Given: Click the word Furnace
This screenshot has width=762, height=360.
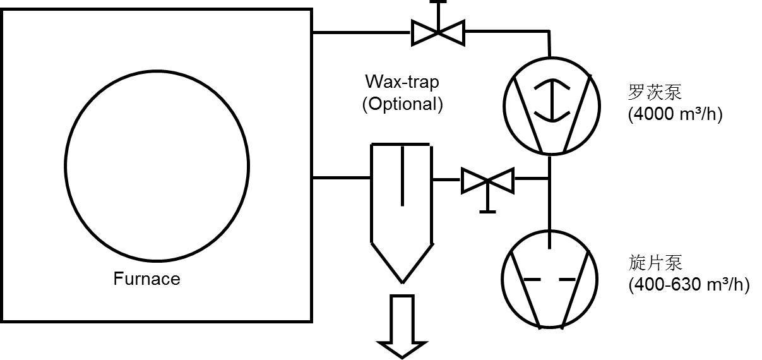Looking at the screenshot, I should pyautogui.click(x=146, y=279).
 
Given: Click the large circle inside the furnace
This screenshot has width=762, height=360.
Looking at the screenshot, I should pyautogui.click(x=157, y=166).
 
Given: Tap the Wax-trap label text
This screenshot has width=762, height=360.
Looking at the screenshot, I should pyautogui.click(x=402, y=82).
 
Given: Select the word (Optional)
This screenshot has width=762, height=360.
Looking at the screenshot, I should pyautogui.click(x=402, y=104).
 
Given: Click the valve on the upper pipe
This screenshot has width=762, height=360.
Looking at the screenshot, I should pyautogui.click(x=438, y=31).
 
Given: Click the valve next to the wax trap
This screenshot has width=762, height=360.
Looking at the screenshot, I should pyautogui.click(x=487, y=181).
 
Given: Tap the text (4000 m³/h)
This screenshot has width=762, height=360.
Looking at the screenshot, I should pyautogui.click(x=675, y=114).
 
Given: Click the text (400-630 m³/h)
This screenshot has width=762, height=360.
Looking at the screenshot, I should pyautogui.click(x=689, y=284).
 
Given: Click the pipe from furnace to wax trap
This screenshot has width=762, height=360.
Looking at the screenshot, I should pyautogui.click(x=341, y=178).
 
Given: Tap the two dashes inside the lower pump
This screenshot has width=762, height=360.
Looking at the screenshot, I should pyautogui.click(x=550, y=279).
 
